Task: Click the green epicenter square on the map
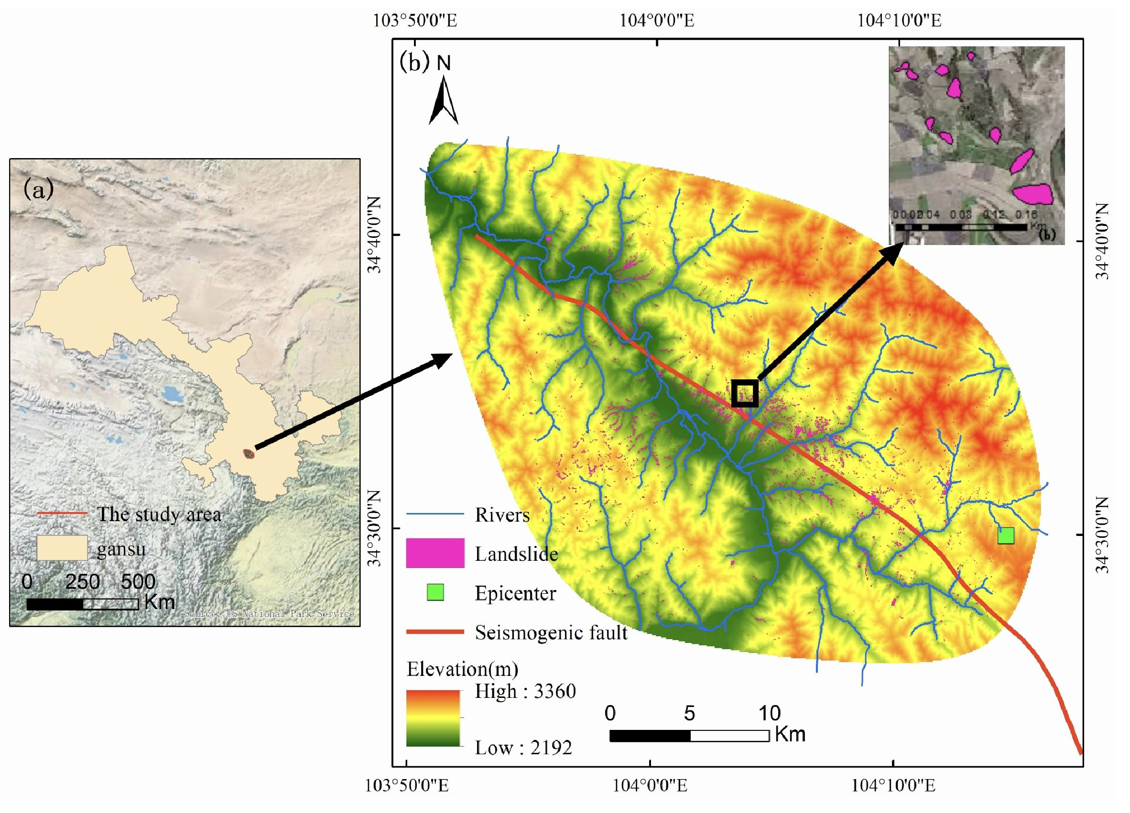pos(1005,535)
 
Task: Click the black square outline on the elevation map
pos(745,393)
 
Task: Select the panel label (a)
pos(38,190)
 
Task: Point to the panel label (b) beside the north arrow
pos(414,62)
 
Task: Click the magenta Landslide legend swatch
pos(435,553)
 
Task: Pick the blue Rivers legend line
pos(435,514)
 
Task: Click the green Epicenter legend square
pos(435,592)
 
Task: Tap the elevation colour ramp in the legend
pos(433,717)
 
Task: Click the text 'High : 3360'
pos(525,691)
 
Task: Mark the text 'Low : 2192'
pos(523,747)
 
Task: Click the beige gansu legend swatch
pos(62,548)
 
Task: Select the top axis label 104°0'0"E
pos(657,21)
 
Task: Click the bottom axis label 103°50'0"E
pos(407,786)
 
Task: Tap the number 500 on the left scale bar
pos(138,581)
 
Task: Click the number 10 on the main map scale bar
pos(769,714)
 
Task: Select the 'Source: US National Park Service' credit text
pos(269,614)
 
